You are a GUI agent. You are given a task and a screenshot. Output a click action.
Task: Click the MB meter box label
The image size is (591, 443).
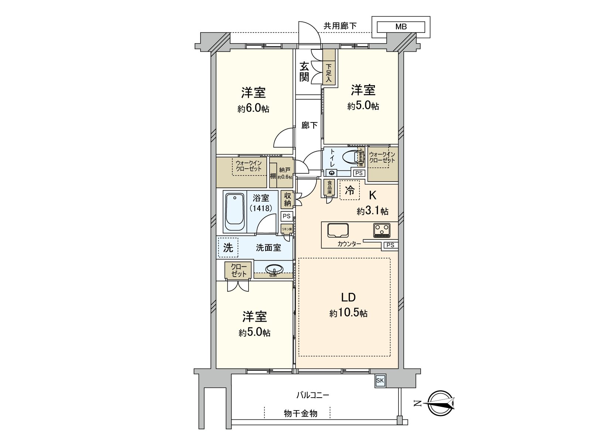401,27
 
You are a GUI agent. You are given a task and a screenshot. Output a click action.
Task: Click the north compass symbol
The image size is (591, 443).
441,403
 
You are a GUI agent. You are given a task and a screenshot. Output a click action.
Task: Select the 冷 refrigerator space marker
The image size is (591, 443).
349,190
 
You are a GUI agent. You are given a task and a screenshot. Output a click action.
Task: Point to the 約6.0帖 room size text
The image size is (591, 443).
253,109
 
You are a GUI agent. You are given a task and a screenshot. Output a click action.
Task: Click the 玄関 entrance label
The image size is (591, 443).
304,72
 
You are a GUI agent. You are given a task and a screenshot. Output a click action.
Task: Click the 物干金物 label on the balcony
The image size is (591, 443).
300,413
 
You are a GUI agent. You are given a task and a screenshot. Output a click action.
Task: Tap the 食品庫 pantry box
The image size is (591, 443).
329,188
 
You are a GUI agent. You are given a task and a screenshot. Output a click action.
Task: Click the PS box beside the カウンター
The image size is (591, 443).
390,245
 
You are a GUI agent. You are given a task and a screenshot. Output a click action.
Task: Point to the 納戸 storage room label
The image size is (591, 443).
285,170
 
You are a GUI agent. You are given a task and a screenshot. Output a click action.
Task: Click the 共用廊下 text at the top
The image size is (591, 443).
340,26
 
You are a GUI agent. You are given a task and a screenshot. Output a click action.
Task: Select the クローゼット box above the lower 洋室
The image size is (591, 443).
239,270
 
